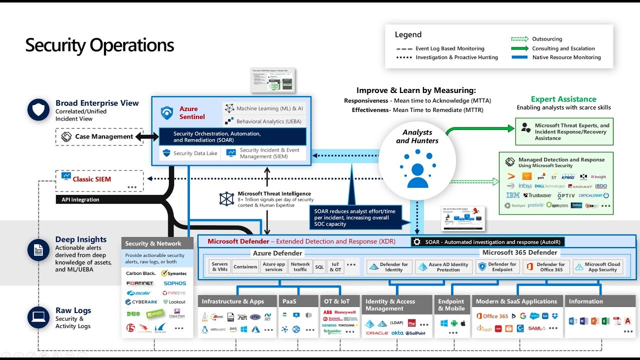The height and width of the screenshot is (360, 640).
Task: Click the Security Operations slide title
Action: click(99, 45)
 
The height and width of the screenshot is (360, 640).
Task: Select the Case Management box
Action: click(99, 136)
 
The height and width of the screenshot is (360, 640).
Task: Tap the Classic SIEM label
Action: click(92, 179)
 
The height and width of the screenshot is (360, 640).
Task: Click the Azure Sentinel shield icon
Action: click(167, 113)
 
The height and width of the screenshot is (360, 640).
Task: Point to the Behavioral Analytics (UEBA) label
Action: click(268, 121)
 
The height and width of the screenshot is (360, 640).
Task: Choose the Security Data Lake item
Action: click(190, 153)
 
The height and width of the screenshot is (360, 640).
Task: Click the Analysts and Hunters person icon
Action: click(417, 171)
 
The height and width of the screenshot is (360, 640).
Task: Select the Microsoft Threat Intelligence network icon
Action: click(226, 198)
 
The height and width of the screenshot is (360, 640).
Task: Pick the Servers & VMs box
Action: click(219, 267)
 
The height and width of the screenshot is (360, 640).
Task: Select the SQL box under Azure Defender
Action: click(319, 267)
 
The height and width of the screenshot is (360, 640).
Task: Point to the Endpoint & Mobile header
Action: click(451, 304)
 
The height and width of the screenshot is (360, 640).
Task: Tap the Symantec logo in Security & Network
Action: click(174, 273)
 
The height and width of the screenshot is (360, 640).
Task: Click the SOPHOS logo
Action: click(174, 283)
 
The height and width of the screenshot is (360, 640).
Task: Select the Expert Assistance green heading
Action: click(563, 99)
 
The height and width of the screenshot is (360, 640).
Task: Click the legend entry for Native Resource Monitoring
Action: click(566, 57)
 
